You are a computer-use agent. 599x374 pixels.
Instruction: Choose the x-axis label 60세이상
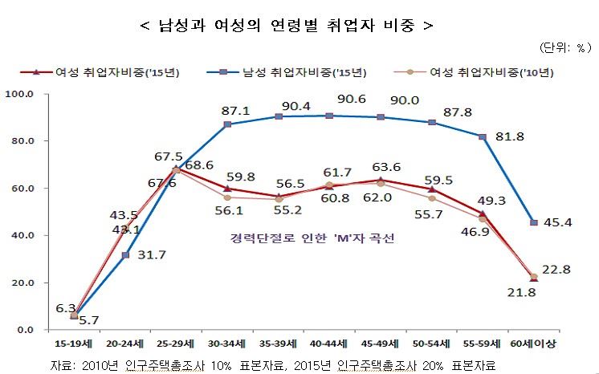532,344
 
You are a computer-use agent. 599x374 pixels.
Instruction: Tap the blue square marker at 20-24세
124,255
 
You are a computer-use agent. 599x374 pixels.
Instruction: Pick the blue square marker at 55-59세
483,136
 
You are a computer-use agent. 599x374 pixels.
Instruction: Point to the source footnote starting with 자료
273,364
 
